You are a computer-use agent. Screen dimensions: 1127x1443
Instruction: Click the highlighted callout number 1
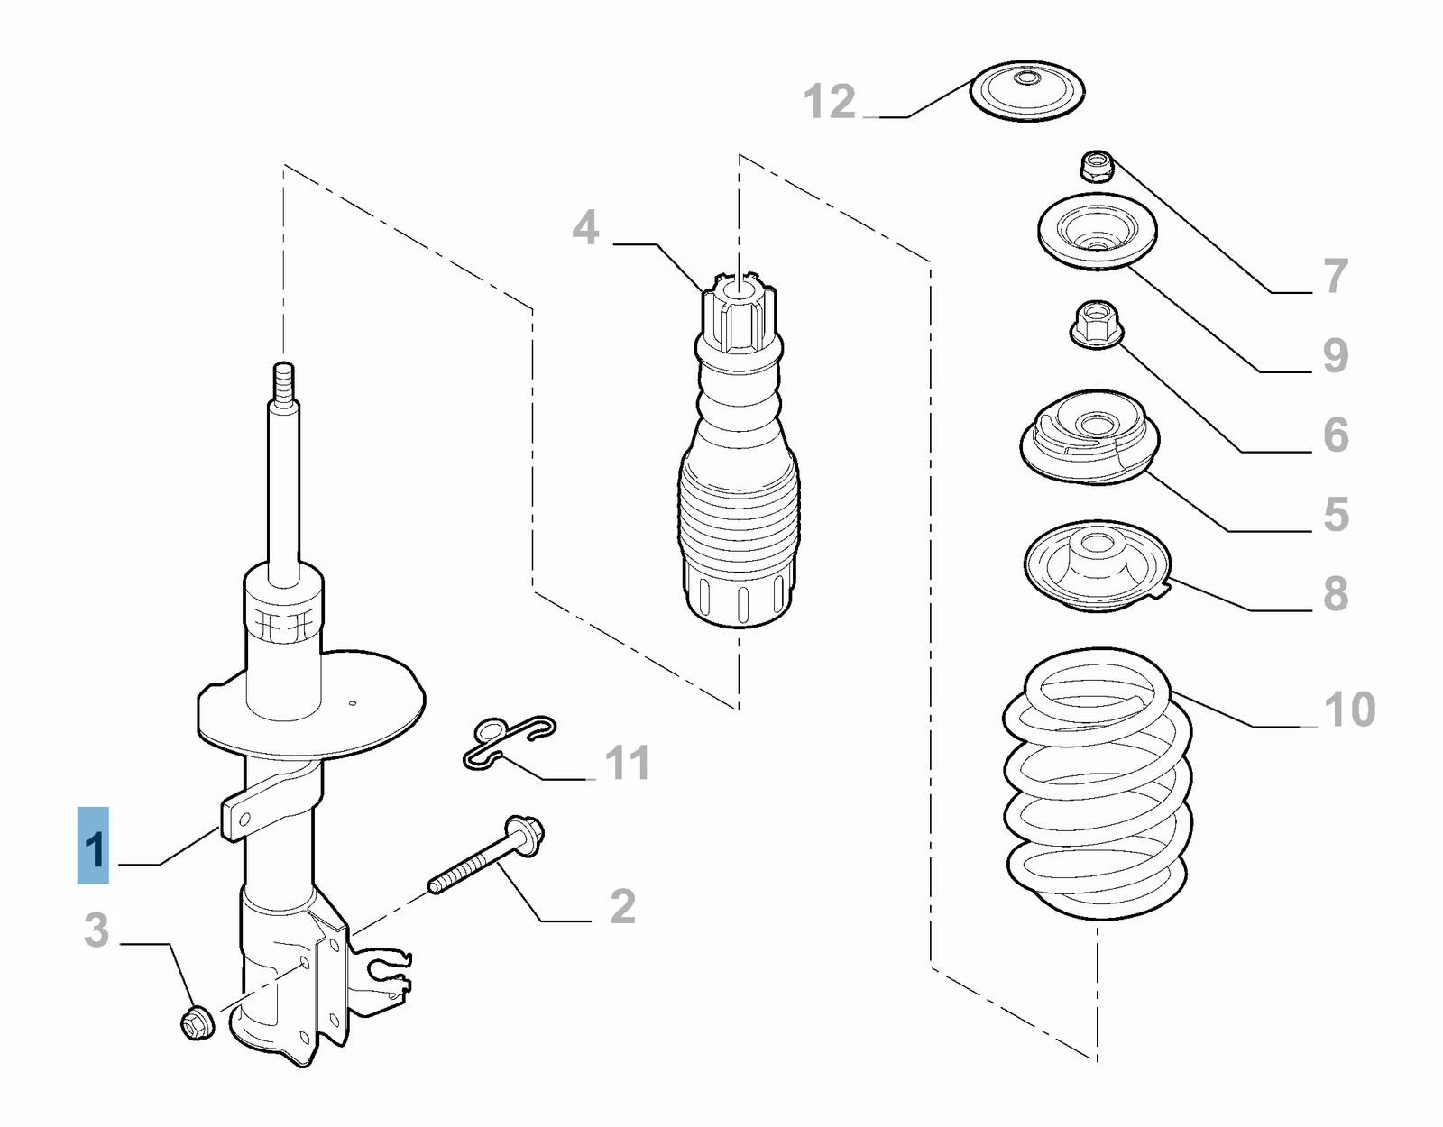pyautogui.click(x=94, y=848)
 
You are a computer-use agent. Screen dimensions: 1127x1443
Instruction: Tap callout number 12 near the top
pyautogui.click(x=829, y=101)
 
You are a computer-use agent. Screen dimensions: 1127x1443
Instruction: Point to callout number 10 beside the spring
pyautogui.click(x=1349, y=709)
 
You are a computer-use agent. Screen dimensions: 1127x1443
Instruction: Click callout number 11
pyautogui.click(x=627, y=763)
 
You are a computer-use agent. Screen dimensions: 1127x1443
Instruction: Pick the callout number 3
pyautogui.click(x=97, y=930)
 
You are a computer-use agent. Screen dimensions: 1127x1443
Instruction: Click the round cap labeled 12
pyautogui.click(x=1026, y=90)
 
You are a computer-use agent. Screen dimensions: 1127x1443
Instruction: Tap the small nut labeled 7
pyautogui.click(x=1096, y=166)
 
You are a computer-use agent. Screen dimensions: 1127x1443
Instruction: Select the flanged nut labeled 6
pyautogui.click(x=1096, y=325)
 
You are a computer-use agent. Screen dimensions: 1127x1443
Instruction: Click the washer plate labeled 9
pyautogui.click(x=1096, y=231)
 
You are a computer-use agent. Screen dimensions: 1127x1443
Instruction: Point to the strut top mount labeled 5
pyautogui.click(x=1090, y=437)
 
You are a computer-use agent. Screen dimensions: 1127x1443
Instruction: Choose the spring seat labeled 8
pyautogui.click(x=1097, y=565)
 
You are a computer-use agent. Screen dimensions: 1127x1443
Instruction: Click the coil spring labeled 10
pyautogui.click(x=1097, y=784)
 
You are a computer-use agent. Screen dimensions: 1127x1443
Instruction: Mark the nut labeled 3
pyautogui.click(x=198, y=1022)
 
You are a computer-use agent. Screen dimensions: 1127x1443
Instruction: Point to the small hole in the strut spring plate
pyautogui.click(x=353, y=703)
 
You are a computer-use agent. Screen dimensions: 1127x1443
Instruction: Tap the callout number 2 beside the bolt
pyautogui.click(x=622, y=906)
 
